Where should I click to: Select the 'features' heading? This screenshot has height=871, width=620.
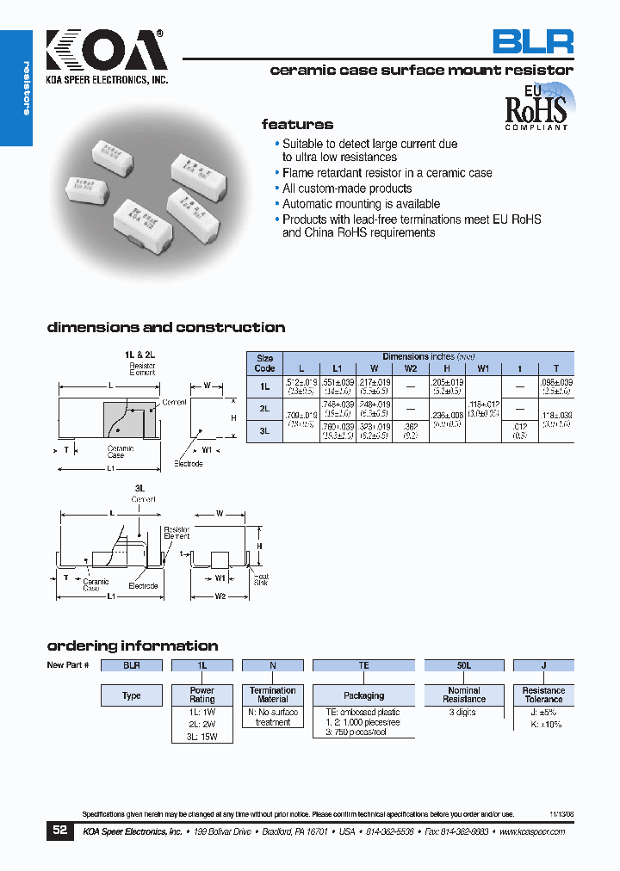click(x=297, y=124)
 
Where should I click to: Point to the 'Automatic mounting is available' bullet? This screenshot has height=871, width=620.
click(x=361, y=204)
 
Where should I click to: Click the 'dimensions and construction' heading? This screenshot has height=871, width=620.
click(x=165, y=327)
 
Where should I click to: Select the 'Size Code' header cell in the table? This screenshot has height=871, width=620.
click(x=265, y=363)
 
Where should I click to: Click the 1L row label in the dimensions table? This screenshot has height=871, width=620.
click(x=265, y=387)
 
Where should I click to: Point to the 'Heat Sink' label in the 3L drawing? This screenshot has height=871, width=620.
click(x=261, y=579)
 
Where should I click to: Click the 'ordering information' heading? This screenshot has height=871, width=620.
click(x=132, y=646)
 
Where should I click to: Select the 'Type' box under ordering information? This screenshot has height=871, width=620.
click(x=131, y=695)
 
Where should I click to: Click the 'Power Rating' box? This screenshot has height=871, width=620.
click(x=202, y=695)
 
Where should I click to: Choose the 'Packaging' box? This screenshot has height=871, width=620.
click(x=363, y=695)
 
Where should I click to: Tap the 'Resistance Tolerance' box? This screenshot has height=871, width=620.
click(x=543, y=695)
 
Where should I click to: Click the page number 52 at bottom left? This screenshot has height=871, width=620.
click(x=59, y=831)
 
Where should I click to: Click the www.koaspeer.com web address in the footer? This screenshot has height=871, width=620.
click(x=531, y=832)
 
